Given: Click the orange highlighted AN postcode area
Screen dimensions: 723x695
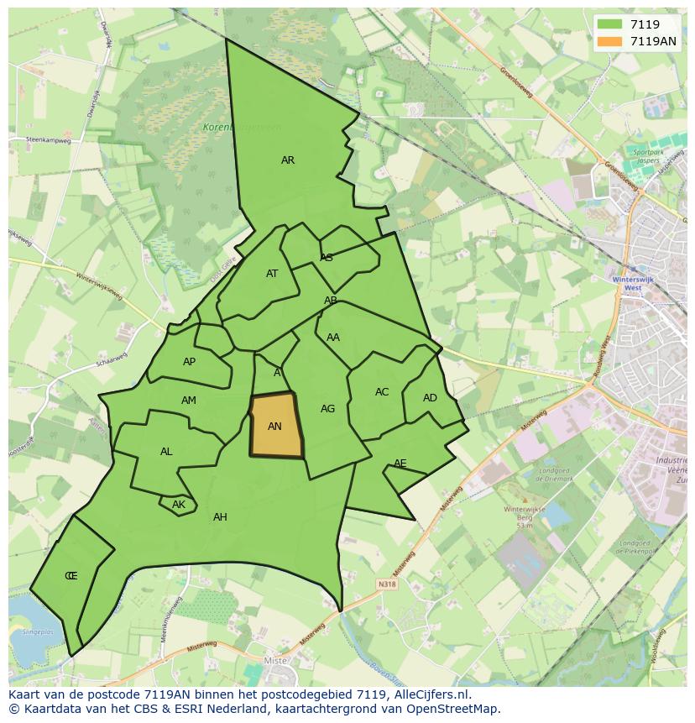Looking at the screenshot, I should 275,426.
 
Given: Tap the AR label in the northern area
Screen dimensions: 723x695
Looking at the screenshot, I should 288,160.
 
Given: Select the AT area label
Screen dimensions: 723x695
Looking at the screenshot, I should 272,274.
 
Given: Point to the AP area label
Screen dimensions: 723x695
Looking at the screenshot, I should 189,362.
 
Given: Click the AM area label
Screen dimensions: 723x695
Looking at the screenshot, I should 189,401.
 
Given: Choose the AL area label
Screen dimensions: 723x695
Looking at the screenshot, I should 166,452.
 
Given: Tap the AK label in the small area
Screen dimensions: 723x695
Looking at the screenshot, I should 178,505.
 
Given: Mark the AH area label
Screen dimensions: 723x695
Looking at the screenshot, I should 220,517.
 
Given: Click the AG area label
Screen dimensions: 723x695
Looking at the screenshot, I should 327,409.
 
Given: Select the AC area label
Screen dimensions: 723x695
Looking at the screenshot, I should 382,392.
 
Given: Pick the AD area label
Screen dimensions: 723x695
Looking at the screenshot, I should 430,398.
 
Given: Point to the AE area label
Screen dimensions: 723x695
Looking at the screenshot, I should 400,464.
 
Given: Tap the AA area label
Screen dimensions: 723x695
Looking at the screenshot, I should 333,338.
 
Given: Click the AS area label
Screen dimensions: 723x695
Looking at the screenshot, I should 327,258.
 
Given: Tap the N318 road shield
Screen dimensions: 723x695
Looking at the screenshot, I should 387,584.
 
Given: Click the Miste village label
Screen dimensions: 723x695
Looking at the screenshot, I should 275,662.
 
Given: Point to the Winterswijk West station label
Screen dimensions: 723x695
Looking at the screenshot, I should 627,283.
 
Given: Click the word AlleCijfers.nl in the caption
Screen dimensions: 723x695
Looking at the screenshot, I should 431,695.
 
